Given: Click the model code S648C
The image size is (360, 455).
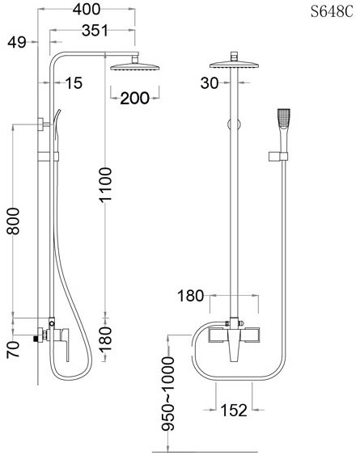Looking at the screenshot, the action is pyautogui.click(x=332, y=12).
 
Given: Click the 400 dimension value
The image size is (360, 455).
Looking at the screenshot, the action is pyautogui.click(x=87, y=9).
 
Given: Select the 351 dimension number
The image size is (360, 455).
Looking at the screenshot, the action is pyautogui.click(x=95, y=31).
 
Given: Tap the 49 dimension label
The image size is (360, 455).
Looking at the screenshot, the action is pyautogui.click(x=17, y=42).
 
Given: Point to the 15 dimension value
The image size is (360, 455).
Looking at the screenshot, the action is pyautogui.click(x=74, y=83).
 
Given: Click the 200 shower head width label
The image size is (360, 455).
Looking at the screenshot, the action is pyautogui.click(x=134, y=98).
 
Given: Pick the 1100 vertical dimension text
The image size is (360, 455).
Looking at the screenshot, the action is pyautogui.click(x=105, y=184).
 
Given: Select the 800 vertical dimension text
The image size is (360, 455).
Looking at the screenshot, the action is pyautogui.click(x=14, y=221).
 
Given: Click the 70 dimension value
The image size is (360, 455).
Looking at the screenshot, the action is pyautogui.click(x=14, y=349).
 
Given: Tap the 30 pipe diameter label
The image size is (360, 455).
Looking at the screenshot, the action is pyautogui.click(x=210, y=83).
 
